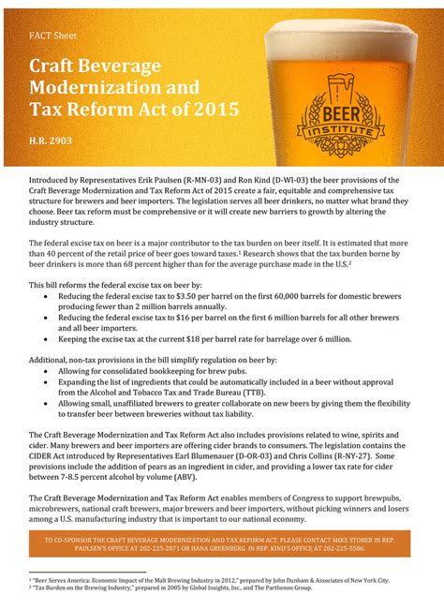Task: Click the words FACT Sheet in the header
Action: [52, 35]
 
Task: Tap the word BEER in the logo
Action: [338, 110]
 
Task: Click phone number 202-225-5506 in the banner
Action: [338, 550]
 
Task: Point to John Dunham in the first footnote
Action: [277, 580]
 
